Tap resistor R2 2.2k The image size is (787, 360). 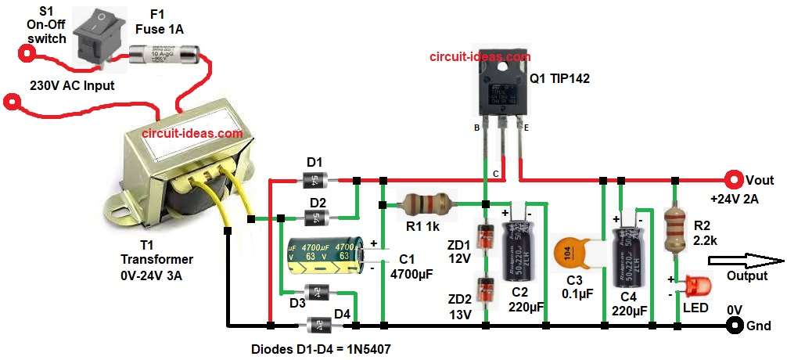point(674,227)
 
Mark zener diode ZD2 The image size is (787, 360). point(486,287)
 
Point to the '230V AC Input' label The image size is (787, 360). point(71,86)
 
